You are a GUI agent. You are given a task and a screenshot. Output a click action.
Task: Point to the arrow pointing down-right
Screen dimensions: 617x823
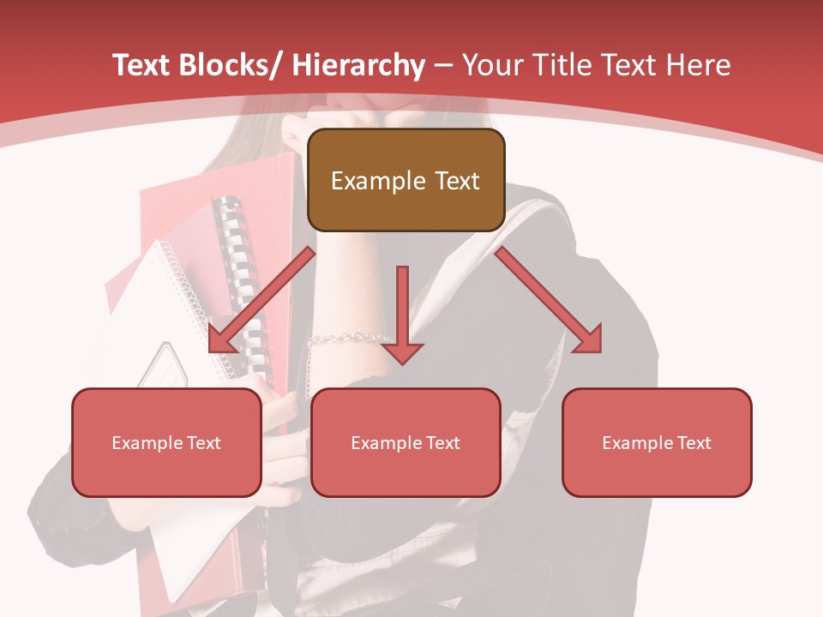click(x=549, y=300)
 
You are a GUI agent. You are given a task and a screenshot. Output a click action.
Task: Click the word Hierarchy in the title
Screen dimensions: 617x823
click(x=357, y=65)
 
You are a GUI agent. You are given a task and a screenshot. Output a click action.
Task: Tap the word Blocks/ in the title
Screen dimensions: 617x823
click(x=225, y=65)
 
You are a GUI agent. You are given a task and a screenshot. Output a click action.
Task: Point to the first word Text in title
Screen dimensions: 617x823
click(x=140, y=65)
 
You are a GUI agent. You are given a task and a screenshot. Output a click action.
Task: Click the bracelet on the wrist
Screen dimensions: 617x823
click(x=347, y=338)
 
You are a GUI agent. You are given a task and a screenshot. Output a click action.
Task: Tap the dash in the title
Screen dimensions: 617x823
click(x=443, y=65)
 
